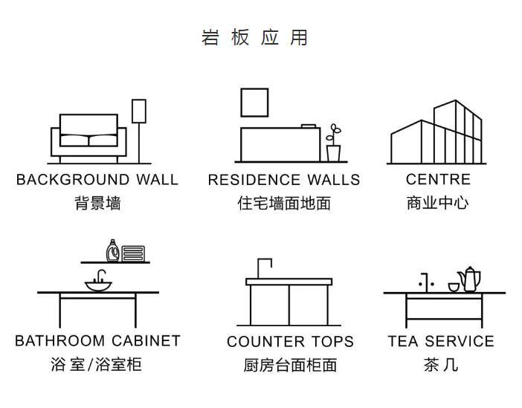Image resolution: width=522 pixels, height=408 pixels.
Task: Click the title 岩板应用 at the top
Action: [254, 38]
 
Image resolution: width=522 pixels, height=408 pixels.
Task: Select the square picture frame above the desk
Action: [254, 102]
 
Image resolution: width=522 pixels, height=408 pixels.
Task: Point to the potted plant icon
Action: [333, 144]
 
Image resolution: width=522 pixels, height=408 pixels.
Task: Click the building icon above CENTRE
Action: [438, 134]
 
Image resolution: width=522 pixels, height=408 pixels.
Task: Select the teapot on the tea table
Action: [470, 279]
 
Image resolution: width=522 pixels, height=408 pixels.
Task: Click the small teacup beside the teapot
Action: [453, 286]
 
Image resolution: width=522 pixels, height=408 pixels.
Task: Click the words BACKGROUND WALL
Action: [97, 180]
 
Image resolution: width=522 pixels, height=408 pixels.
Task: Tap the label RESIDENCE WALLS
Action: [284, 180]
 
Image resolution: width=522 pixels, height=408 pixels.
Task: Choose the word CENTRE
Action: [439, 180]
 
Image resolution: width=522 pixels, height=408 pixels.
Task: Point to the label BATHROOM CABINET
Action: [97, 341]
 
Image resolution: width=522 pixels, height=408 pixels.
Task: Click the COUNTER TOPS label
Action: [290, 342]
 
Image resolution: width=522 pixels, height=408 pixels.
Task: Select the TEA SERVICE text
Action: [441, 341]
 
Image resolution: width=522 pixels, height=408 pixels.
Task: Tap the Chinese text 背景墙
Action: [97, 203]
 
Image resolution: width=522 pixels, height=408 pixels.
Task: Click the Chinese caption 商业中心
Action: [438, 203]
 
